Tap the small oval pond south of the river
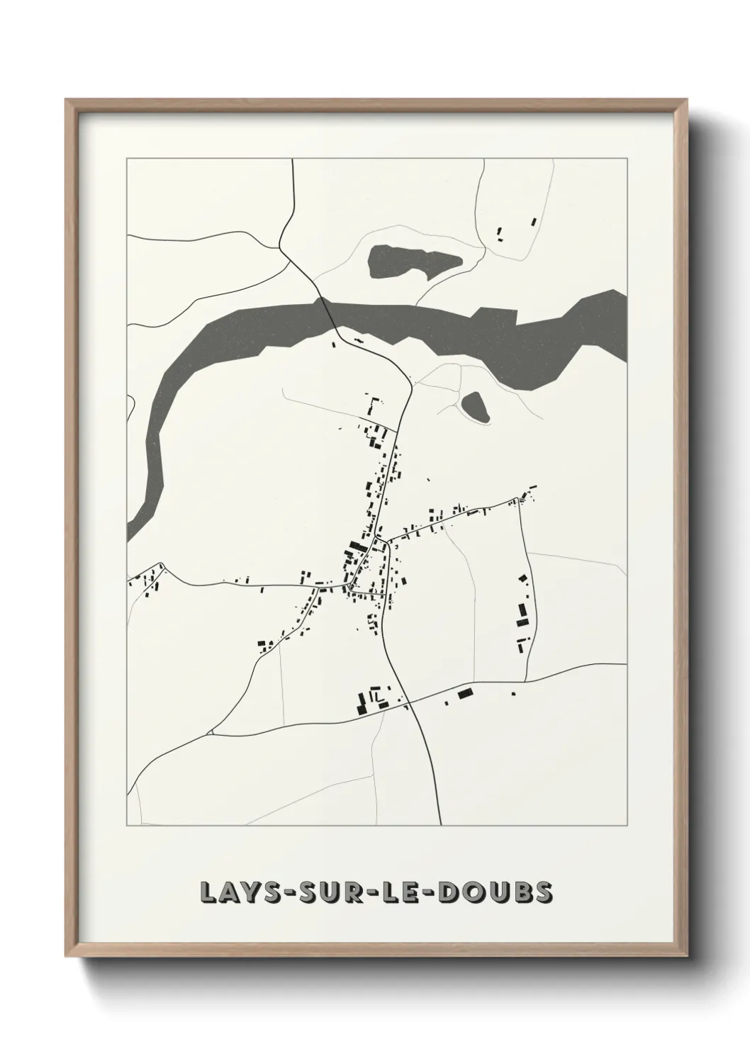pos(475,407)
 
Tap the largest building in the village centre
pos(356,547)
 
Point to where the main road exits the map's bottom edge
pos(440,824)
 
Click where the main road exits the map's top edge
pos(293,160)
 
